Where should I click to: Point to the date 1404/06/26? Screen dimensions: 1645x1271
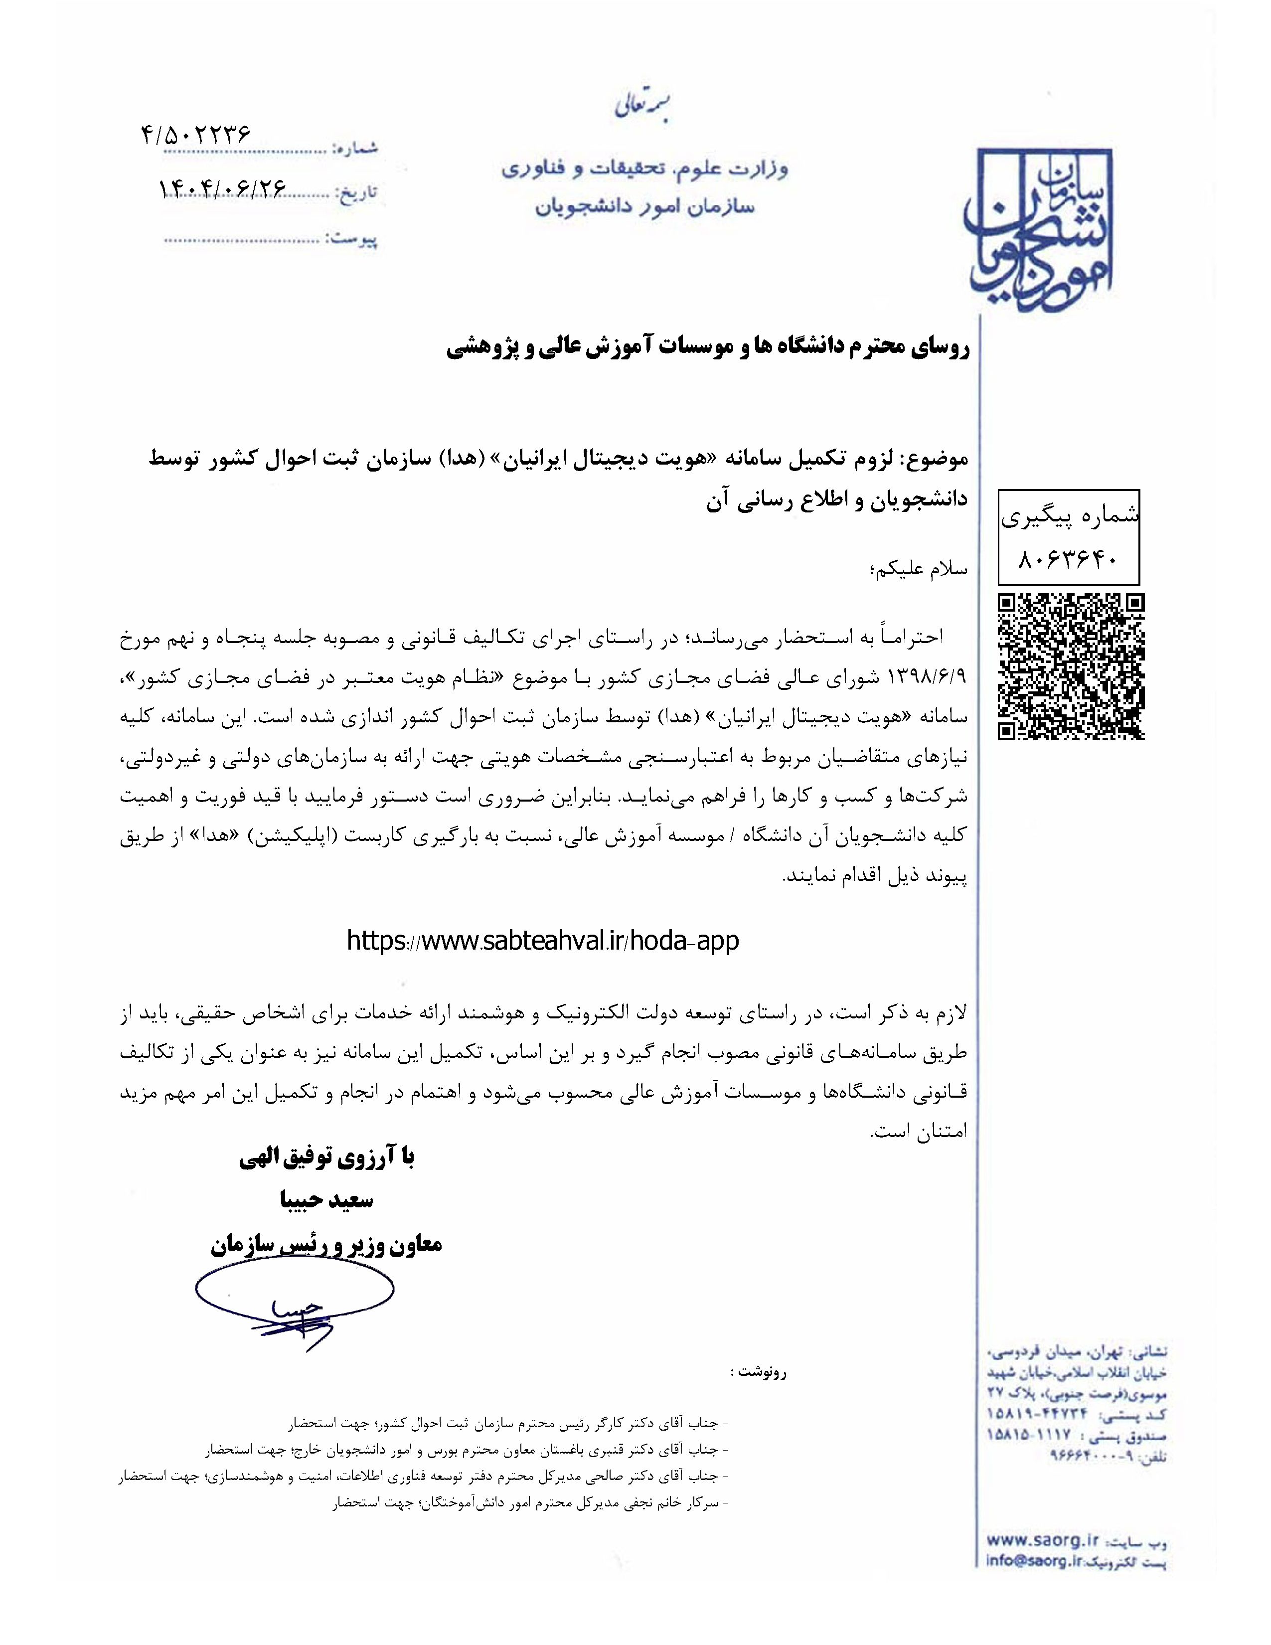coord(222,188)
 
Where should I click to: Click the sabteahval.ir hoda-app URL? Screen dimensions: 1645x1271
coord(542,941)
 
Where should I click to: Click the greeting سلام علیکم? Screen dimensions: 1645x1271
coord(918,569)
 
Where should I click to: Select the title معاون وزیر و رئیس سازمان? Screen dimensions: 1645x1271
coord(326,1244)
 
